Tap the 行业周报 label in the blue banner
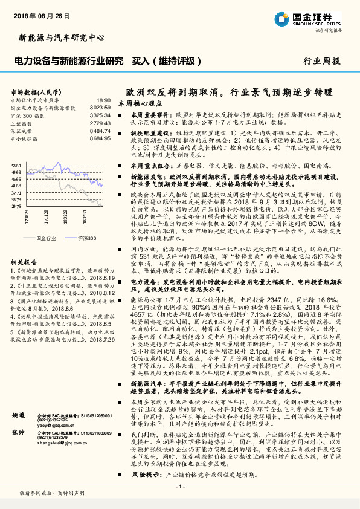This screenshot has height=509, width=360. click(321, 61)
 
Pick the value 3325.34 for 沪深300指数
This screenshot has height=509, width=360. click(100, 114)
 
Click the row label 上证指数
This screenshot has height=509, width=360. click(23, 122)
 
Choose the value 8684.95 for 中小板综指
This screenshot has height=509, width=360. click(100, 137)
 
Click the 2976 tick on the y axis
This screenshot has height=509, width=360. click(16, 206)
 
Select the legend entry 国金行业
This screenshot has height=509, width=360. click(46, 238)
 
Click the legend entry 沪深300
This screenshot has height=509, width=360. click(87, 238)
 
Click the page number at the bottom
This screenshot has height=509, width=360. click(180, 486)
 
